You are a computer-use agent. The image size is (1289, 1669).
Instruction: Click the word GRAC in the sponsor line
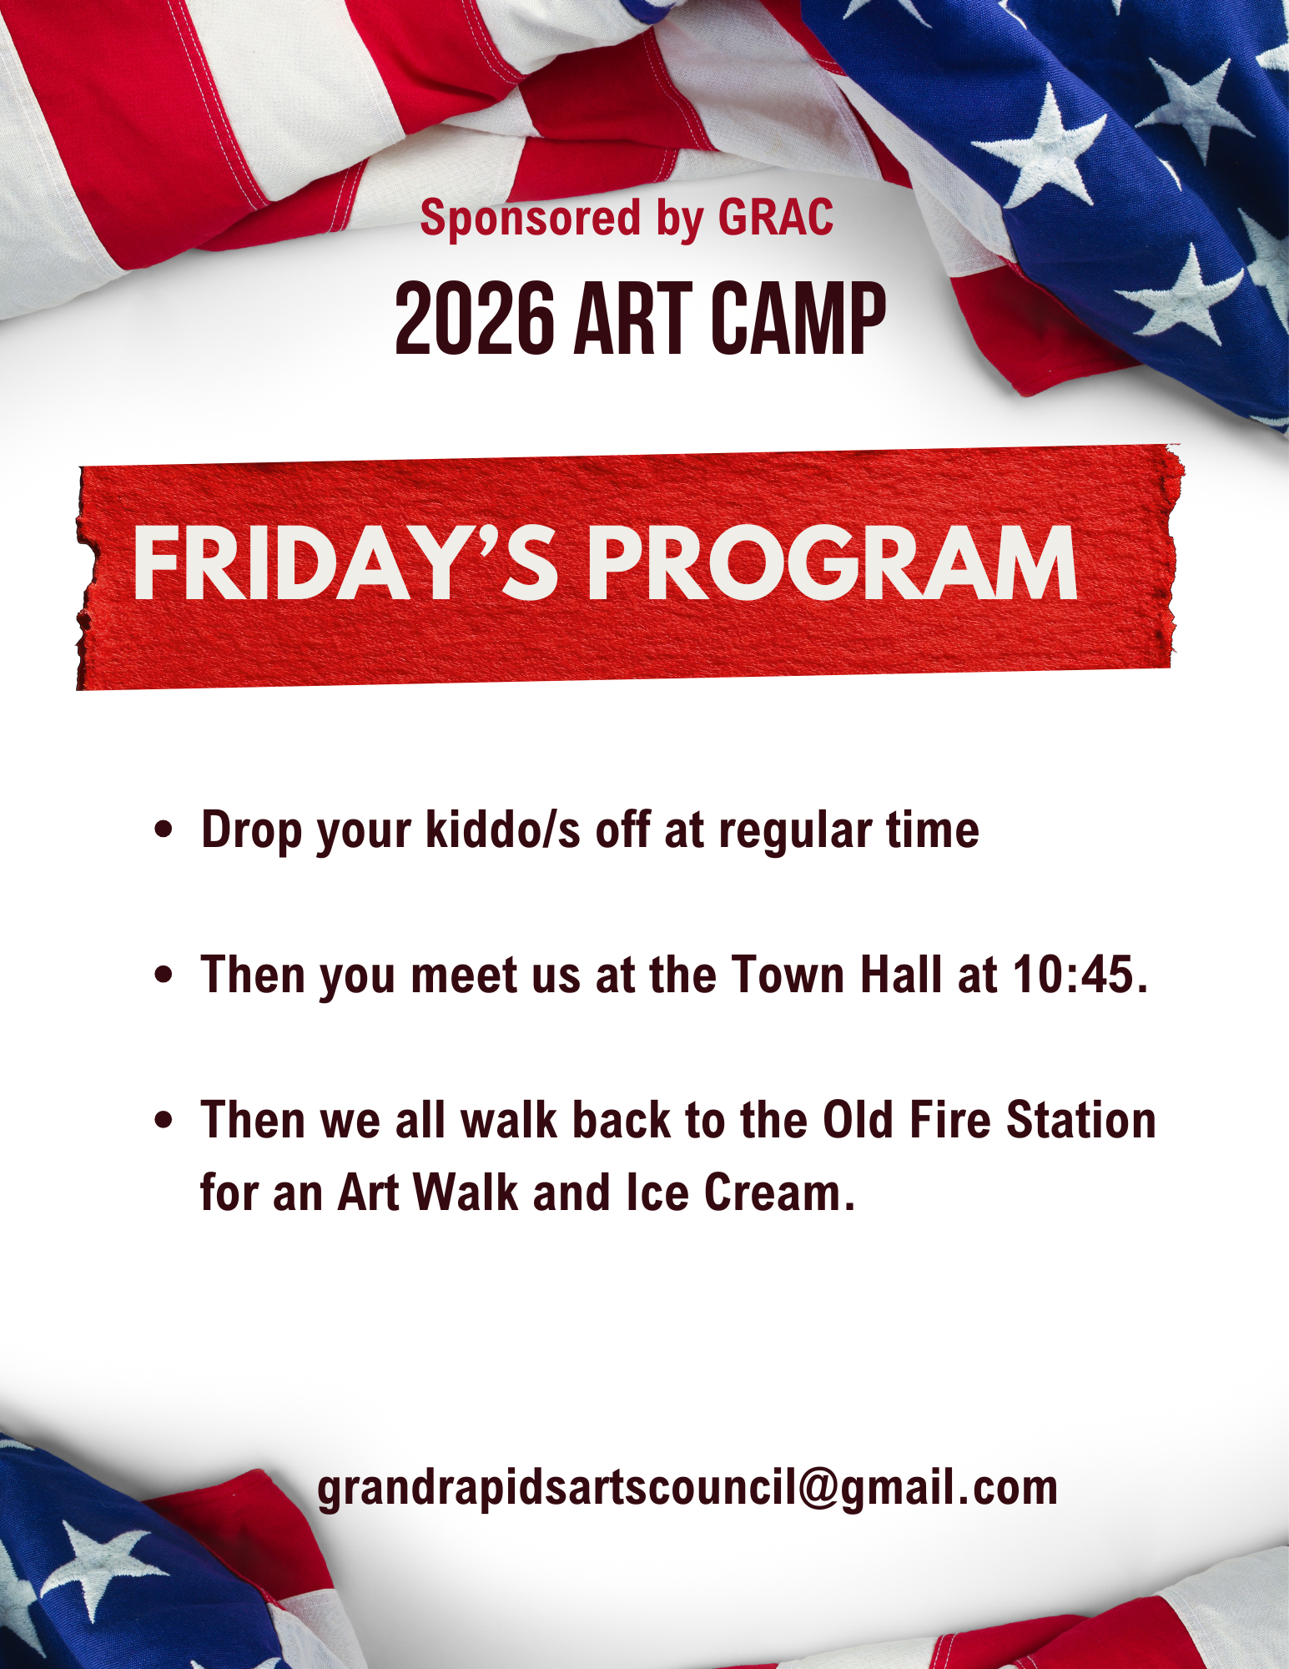point(776,218)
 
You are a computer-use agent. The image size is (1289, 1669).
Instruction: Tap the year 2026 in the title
point(475,318)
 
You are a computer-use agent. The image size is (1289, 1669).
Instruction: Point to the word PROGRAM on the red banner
point(833,563)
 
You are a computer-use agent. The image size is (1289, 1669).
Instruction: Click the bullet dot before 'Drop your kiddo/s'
point(164,830)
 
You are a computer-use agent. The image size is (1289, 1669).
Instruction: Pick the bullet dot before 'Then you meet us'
point(164,975)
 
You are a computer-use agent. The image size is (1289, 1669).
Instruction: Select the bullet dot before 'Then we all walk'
point(164,1120)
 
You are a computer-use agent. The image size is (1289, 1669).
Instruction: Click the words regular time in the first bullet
point(848,830)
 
